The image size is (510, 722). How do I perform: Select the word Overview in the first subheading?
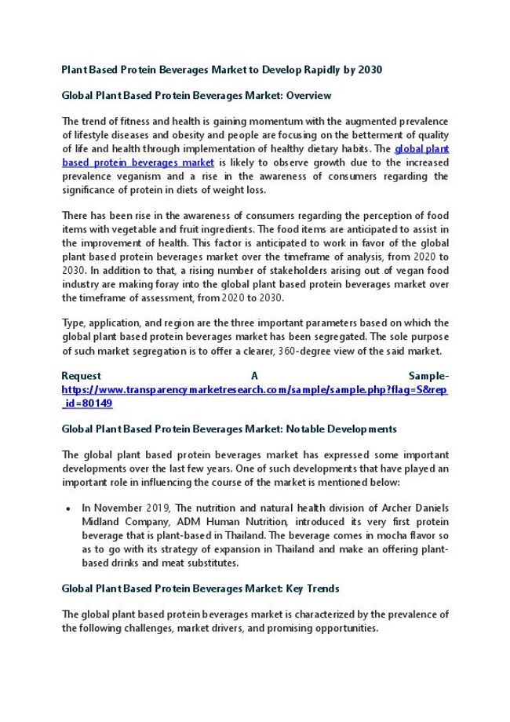click(308, 96)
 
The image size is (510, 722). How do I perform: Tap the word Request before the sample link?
click(81, 376)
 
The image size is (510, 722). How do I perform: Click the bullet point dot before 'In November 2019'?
click(69, 509)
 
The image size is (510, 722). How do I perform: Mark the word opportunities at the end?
click(348, 629)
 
